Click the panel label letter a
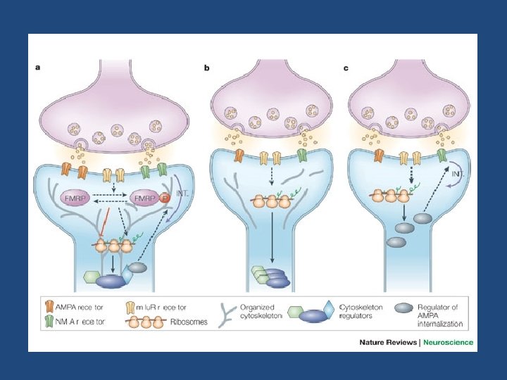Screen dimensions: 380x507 39,68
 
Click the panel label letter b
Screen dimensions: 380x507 207,68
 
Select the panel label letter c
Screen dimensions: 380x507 346,68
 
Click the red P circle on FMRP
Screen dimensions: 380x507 163,198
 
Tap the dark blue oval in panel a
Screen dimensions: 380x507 113,281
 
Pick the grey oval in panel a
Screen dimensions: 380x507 139,267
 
